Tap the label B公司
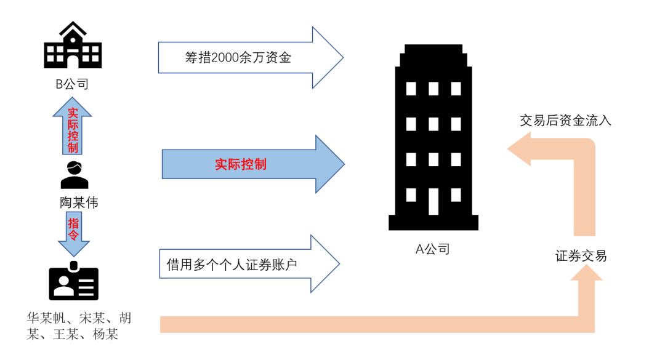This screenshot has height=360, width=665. pos(72,84)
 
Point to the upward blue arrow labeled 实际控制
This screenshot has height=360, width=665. pos(72,128)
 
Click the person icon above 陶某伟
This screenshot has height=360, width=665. pos(74,175)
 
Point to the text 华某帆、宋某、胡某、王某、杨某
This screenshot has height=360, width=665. pos(79,326)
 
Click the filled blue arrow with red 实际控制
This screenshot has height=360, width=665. pos(252,164)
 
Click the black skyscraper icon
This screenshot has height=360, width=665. pos(433,135)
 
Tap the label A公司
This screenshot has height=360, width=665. pos(432,249)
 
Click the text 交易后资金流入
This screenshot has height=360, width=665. pos(565,121)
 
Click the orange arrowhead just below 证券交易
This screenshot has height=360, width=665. pos(585,277)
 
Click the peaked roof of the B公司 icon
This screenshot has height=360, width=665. pos(73,29)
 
